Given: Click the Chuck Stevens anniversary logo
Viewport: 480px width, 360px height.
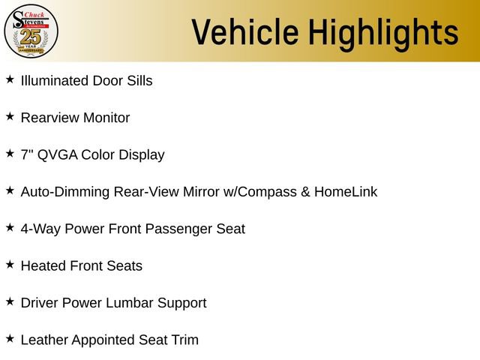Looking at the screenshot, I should click(31, 31).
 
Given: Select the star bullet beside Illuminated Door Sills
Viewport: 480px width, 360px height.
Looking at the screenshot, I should click(10, 79).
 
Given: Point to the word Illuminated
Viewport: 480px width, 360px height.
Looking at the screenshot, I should click(55, 80).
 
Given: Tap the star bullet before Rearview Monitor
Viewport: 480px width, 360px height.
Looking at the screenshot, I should click(10, 116).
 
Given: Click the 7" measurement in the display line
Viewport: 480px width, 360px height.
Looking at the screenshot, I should click(27, 154).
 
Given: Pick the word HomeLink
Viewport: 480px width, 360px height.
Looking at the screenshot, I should click(346, 192).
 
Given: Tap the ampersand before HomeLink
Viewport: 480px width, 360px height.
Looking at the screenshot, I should click(305, 192).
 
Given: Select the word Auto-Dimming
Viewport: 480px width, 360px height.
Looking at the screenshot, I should click(65, 192).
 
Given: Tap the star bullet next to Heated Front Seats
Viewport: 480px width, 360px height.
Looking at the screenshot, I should click(10, 264).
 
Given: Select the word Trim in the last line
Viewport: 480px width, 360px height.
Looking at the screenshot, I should click(184, 340).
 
